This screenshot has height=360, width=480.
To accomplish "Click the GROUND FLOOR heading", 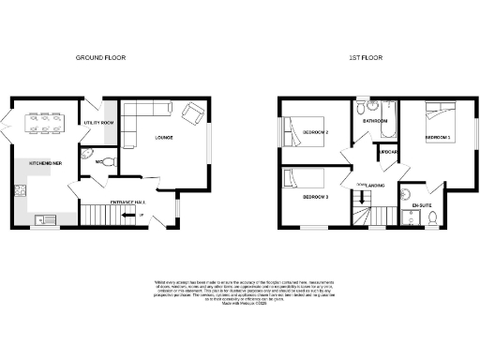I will tap(100, 57).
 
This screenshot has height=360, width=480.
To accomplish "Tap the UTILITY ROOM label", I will tap(98, 123).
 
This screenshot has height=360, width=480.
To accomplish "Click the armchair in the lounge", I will tap(193, 114).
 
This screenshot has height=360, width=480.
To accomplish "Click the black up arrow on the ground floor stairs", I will tap(141, 217).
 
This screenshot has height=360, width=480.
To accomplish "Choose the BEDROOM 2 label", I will tap(315, 132).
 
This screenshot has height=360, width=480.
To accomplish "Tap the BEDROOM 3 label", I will tap(315, 197).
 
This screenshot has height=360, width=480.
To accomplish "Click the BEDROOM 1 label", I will tap(438, 138).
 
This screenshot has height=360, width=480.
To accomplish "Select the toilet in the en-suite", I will tap(430, 218).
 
